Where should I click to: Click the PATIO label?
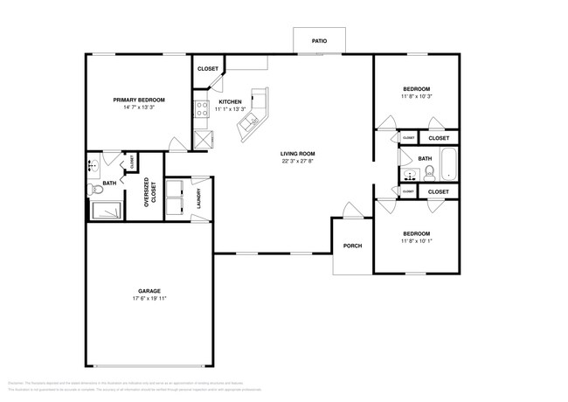pyautogui.click(x=319, y=40)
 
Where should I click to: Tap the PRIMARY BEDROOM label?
pyautogui.click(x=139, y=100)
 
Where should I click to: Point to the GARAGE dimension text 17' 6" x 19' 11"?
pyautogui.click(x=143, y=299)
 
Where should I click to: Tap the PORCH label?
pyautogui.click(x=352, y=246)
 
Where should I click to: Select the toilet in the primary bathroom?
pyautogui.click(x=96, y=190)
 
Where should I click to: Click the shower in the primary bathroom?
pyautogui.click(x=108, y=211)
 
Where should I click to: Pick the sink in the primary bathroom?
pyautogui.click(x=92, y=166)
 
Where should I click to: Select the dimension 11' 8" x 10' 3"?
pyautogui.click(x=416, y=97)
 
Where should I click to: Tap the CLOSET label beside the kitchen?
pyautogui.click(x=207, y=68)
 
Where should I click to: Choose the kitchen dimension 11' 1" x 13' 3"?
pyautogui.click(x=218, y=109)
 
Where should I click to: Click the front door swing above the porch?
pyautogui.click(x=349, y=210)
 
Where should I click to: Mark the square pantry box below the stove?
pyautogui.click(x=202, y=138)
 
